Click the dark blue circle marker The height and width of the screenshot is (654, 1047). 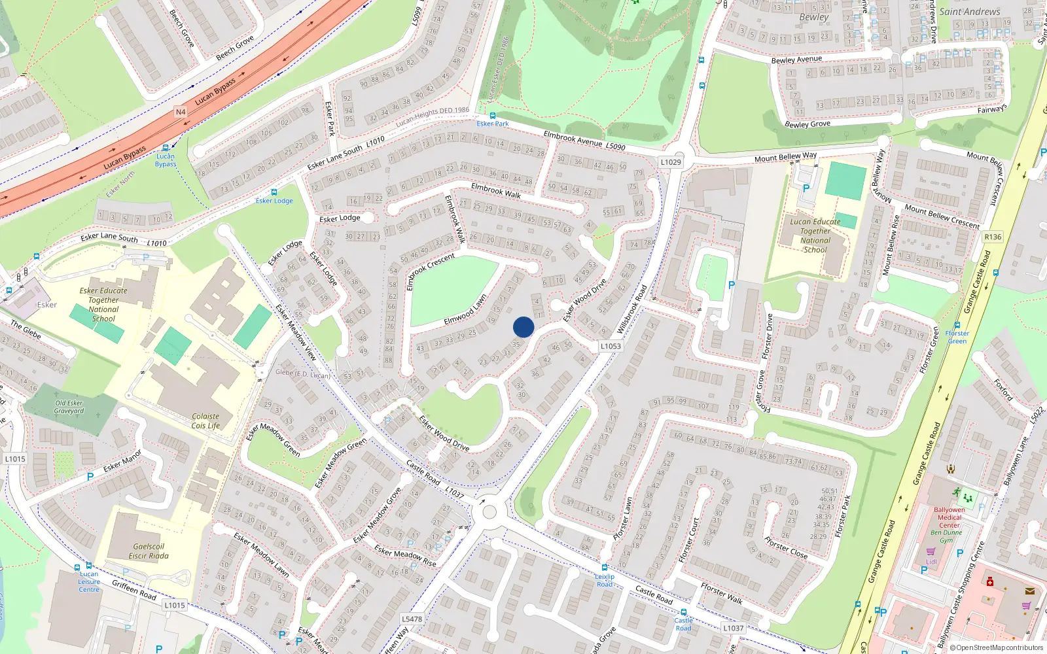click(523, 327)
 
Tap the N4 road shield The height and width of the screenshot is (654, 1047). click(181, 112)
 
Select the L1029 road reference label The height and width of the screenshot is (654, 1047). click(671, 162)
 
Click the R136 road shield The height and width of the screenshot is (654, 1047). click(993, 237)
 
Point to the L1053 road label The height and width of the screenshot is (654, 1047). click(611, 346)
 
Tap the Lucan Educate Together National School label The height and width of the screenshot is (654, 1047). click(815, 235)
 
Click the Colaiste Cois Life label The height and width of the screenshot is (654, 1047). click(205, 421)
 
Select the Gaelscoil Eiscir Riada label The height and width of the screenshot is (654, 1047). click(149, 551)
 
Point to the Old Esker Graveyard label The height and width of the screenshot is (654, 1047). click(69, 407)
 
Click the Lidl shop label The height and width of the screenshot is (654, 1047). click(931, 561)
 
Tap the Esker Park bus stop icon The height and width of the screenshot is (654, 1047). click(493, 116)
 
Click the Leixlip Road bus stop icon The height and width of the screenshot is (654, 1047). click(605, 568)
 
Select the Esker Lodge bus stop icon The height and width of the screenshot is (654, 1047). click(274, 192)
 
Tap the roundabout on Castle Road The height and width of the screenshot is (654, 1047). click(489, 511)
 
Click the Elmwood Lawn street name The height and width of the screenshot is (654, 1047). click(465, 309)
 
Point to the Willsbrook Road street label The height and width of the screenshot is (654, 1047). click(631, 309)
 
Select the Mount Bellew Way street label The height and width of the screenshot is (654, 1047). click(785, 157)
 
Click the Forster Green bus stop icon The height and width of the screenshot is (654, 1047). click(957, 325)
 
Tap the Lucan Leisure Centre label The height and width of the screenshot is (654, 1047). click(89, 581)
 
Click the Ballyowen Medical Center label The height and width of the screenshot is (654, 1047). click(949, 517)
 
